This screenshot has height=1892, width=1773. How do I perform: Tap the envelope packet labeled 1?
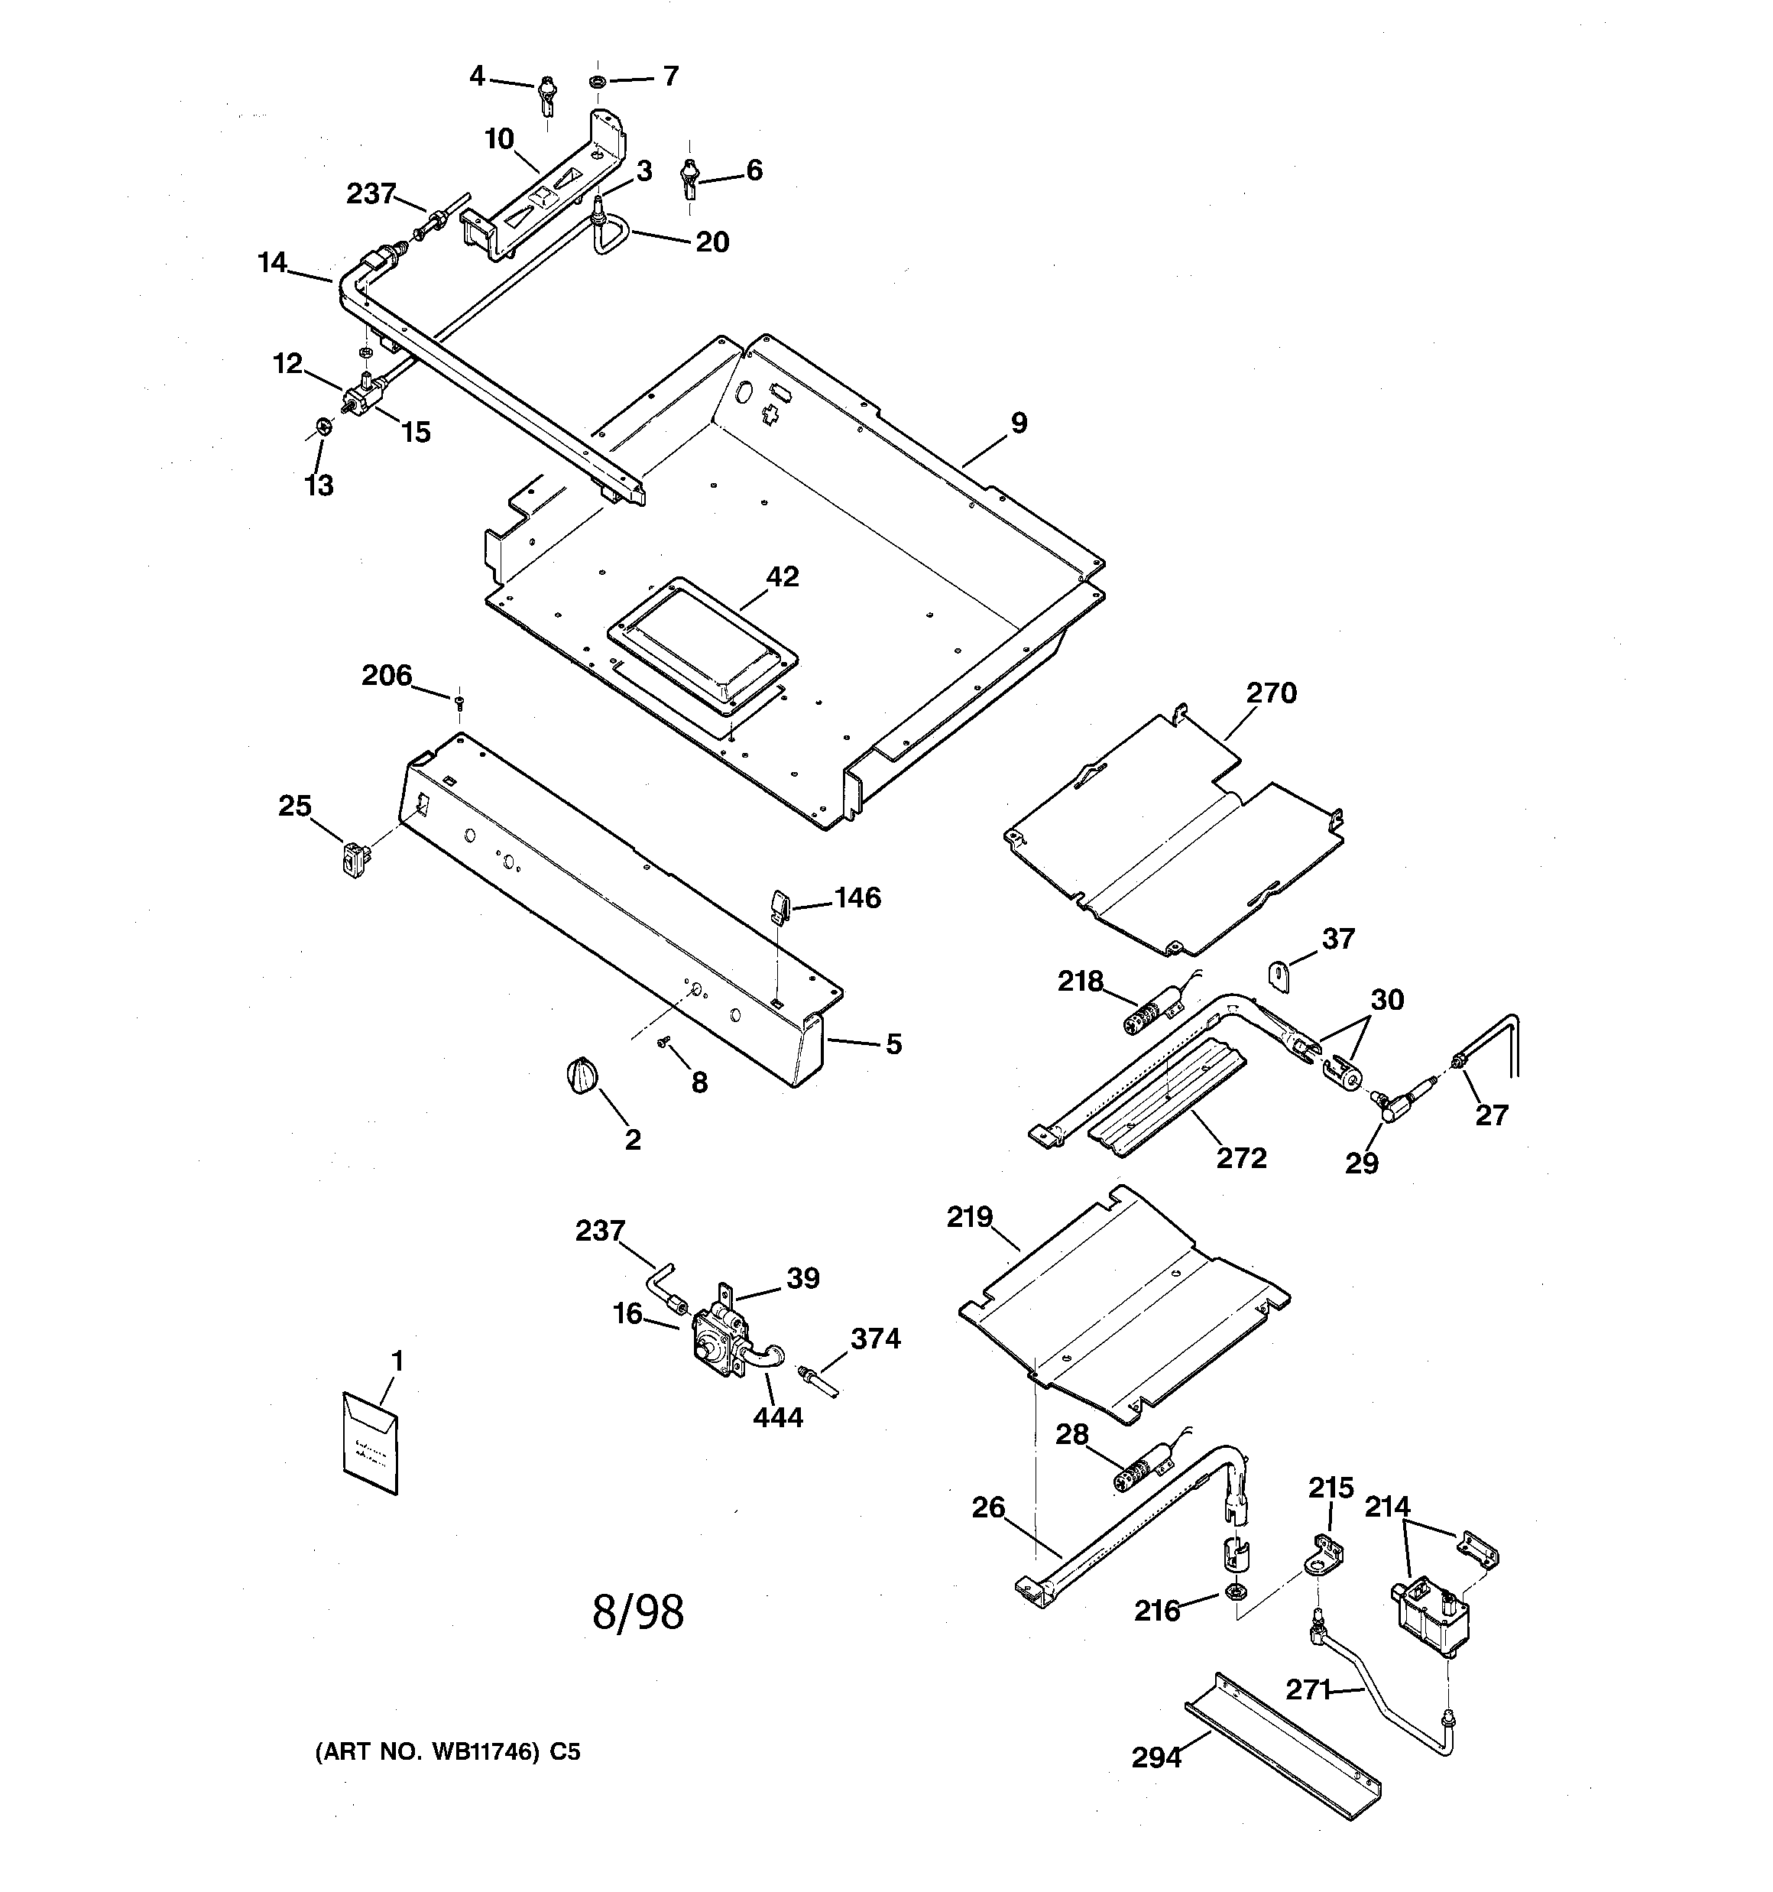(370, 1444)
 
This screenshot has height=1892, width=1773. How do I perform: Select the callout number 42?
(783, 576)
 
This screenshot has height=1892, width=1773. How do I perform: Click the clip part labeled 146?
(779, 906)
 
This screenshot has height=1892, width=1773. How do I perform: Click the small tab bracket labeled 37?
(1279, 976)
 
